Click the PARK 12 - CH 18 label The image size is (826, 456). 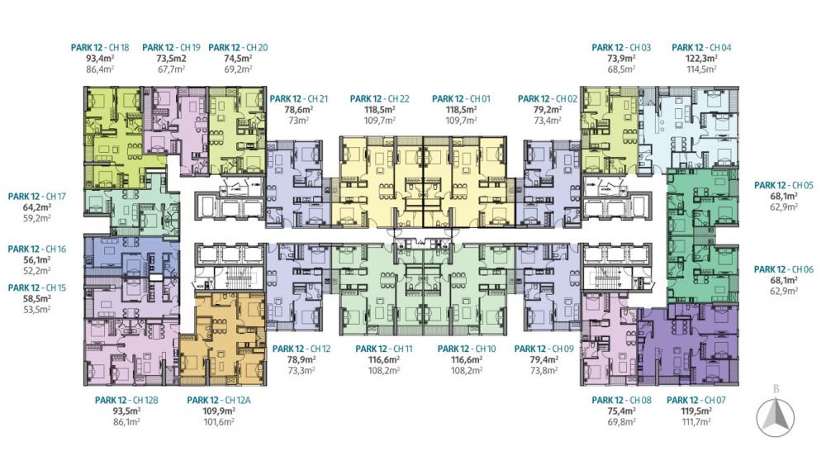(100, 47)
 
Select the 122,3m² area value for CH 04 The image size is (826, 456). (701, 59)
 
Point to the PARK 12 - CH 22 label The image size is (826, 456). (379, 98)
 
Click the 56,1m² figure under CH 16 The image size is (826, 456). (37, 260)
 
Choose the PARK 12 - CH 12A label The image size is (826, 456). (219, 400)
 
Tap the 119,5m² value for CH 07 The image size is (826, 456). (696, 411)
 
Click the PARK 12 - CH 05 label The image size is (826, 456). (784, 185)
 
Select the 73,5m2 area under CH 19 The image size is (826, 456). (171, 59)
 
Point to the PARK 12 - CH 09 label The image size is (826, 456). (544, 349)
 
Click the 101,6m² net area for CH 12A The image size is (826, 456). (219, 422)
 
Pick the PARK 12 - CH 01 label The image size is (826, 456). (462, 98)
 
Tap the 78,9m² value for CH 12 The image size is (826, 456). (301, 359)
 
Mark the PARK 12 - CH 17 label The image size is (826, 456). (37, 197)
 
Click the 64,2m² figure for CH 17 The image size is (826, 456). (37, 207)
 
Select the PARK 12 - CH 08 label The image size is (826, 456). (622, 400)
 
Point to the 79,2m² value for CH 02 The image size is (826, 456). (548, 110)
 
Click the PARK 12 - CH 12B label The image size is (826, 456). (126, 400)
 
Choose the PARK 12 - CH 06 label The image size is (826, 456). (784, 269)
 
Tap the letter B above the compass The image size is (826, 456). (776, 390)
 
